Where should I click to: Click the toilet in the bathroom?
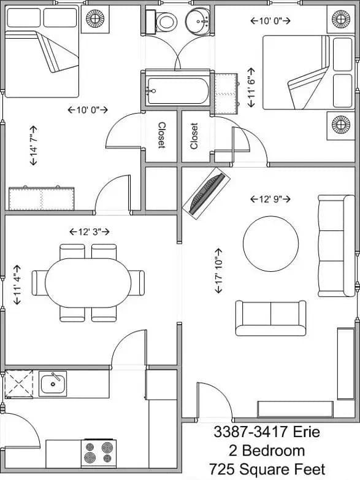tap(165, 23)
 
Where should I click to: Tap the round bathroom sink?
tap(200, 21)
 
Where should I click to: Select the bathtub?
tap(178, 91)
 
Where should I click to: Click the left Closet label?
tap(162, 135)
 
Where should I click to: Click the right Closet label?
tap(194, 136)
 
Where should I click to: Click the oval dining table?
tap(88, 282)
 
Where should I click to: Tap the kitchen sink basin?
tap(54, 384)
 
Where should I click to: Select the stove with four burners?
tap(99, 453)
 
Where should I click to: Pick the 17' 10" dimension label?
tap(220, 271)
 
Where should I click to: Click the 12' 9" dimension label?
tap(270, 199)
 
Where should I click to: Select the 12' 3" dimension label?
tap(89, 232)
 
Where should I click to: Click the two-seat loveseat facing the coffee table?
tap(270, 318)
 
